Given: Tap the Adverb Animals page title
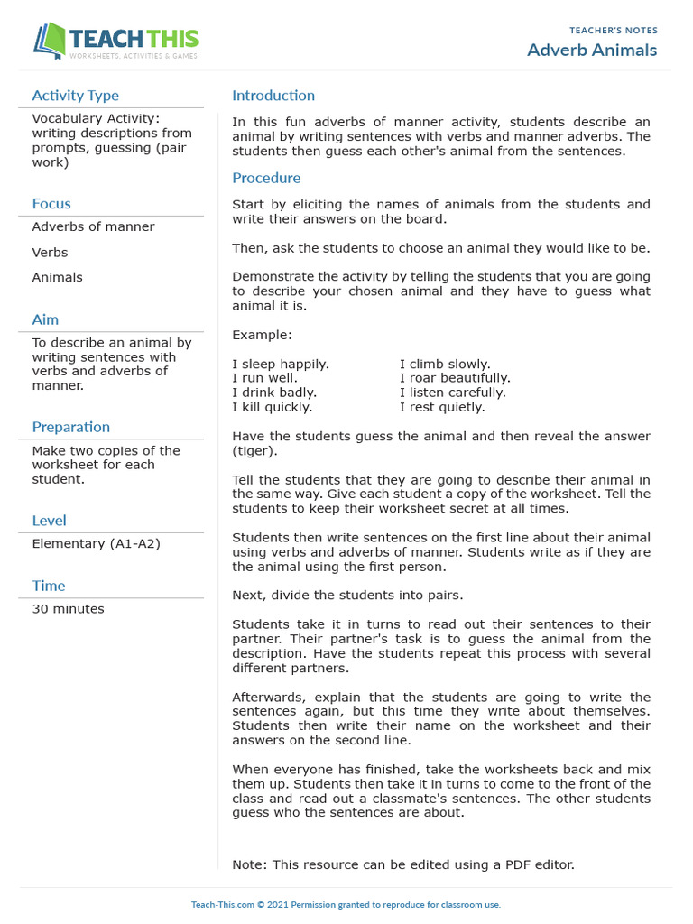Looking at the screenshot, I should pyautogui.click(x=592, y=50).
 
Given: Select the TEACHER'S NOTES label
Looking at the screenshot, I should pyautogui.click(x=613, y=31).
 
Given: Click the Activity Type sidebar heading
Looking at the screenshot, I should pyautogui.click(x=75, y=96).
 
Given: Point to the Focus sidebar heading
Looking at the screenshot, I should pyautogui.click(x=51, y=204).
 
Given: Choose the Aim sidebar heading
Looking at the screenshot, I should pyautogui.click(x=45, y=319).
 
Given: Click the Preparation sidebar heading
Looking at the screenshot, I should pyautogui.click(x=70, y=427).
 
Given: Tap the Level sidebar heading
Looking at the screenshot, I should pyautogui.click(x=49, y=521).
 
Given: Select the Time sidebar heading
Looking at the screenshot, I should pyautogui.click(x=49, y=586).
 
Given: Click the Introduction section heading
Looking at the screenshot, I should pyautogui.click(x=273, y=96).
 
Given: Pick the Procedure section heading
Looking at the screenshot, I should pyautogui.click(x=266, y=178).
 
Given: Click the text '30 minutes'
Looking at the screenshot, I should pyautogui.click(x=68, y=609).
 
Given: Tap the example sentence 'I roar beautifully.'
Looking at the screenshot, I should pyautogui.click(x=455, y=378).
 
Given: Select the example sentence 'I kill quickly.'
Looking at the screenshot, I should pyautogui.click(x=273, y=407).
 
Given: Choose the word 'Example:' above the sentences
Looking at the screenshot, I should pyautogui.click(x=262, y=335).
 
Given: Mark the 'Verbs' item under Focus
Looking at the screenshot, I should pyautogui.click(x=50, y=253).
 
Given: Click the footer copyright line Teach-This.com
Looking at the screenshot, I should pyautogui.click(x=346, y=904).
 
